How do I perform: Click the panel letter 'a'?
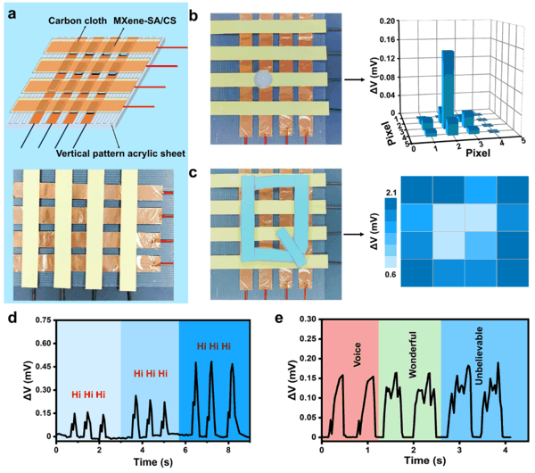pos(12,14)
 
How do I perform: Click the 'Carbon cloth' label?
pos(78,21)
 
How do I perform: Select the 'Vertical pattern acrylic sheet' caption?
pos(120,154)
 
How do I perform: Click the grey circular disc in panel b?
pos(263,79)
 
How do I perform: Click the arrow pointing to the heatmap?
pos(353,235)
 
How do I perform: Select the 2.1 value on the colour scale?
pos(391,193)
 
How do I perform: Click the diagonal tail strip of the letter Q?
pos(292,247)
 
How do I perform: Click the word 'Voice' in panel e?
pos(357,355)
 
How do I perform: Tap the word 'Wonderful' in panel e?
pos(413,354)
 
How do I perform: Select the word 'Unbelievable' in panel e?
pos(479,355)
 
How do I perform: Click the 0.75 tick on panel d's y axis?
pos(44,320)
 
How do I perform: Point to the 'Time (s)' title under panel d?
pos(153,462)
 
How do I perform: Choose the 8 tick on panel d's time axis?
pos(228,450)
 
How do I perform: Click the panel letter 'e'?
pos(279,319)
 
